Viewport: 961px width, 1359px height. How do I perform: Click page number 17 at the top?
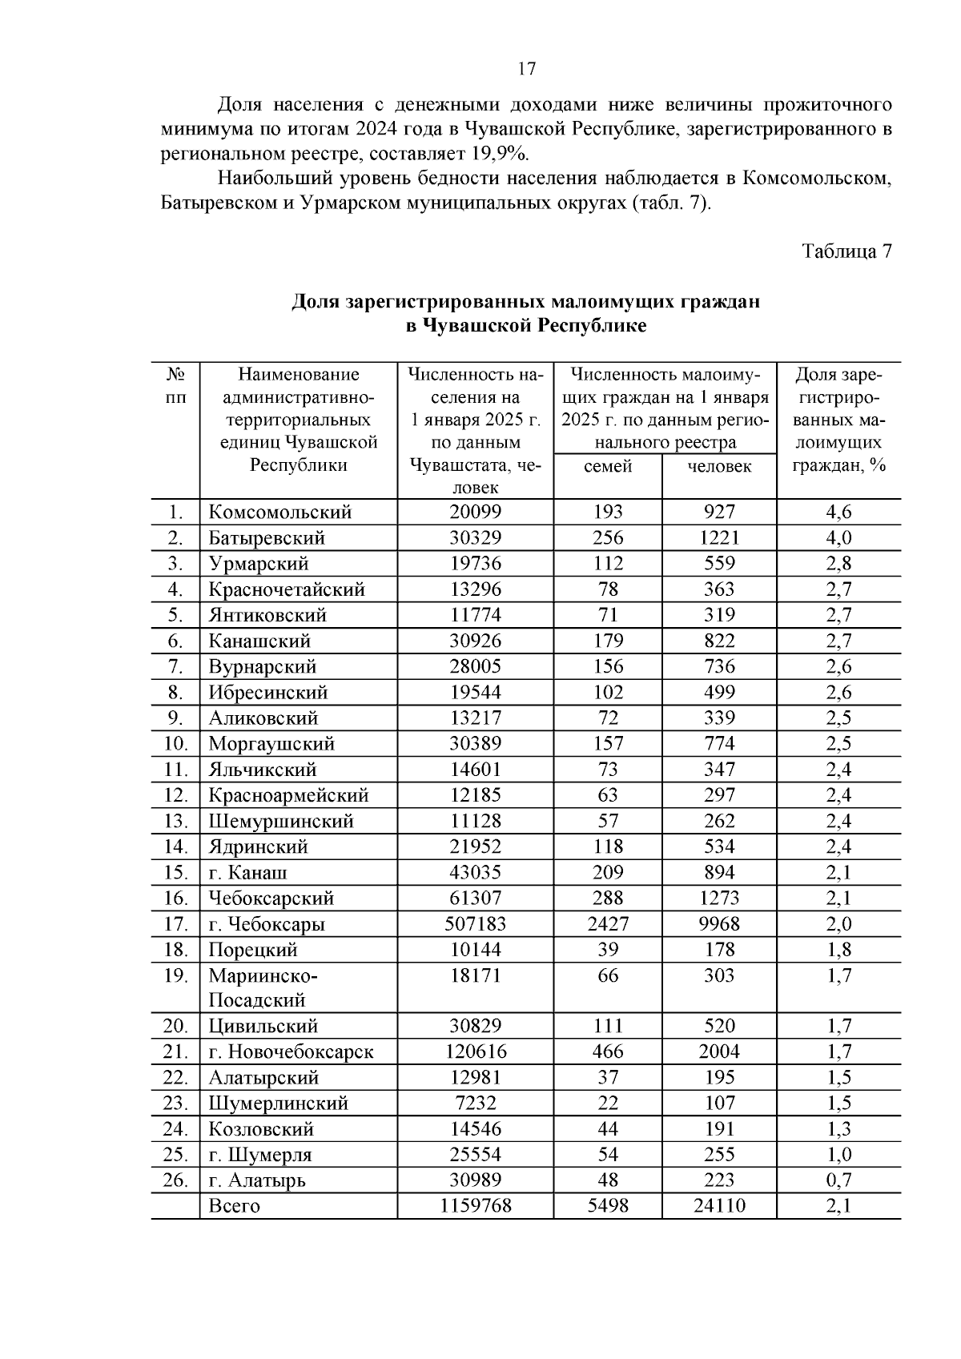tap(526, 69)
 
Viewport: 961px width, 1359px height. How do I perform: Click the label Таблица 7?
tap(847, 251)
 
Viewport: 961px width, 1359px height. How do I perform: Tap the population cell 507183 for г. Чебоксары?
tap(475, 924)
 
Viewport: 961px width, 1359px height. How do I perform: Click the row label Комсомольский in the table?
tap(279, 513)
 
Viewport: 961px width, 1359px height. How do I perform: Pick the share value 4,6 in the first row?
tap(838, 513)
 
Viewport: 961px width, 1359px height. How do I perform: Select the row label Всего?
tap(234, 1206)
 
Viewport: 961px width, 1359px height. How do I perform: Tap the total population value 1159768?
tap(475, 1206)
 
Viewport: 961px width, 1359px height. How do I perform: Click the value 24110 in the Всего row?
tap(719, 1206)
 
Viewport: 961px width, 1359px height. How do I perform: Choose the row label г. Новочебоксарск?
tap(291, 1052)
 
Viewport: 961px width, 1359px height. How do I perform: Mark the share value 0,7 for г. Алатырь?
tap(838, 1180)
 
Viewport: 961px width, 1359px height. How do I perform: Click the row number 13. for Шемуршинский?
tap(175, 822)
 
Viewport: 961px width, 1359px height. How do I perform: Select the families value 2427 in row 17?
tap(608, 924)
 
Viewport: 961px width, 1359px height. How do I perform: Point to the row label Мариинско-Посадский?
tap(263, 987)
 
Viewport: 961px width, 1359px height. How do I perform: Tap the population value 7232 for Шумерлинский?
tap(475, 1104)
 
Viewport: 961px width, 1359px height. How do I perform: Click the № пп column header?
tap(175, 386)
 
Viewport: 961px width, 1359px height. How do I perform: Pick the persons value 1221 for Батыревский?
tap(719, 538)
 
